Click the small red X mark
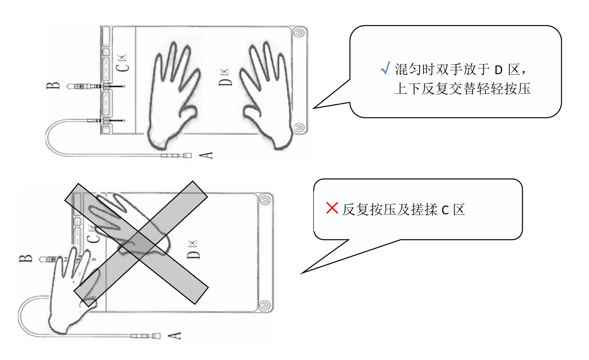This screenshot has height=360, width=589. (332, 208)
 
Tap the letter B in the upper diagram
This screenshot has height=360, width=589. (53, 86)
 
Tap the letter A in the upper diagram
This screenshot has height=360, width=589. (206, 155)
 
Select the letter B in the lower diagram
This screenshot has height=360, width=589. (26, 258)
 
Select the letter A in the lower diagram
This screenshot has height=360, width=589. (174, 335)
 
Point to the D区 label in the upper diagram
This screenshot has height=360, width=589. (225, 78)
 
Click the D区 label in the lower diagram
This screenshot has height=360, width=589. (193, 250)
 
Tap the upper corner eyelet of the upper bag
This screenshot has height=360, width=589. (299, 33)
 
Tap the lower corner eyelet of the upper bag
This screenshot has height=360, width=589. (299, 128)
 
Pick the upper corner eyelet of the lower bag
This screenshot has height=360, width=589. (265, 200)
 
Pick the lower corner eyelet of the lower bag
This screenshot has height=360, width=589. (265, 306)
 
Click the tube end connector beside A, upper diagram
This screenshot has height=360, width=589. (187, 155)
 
